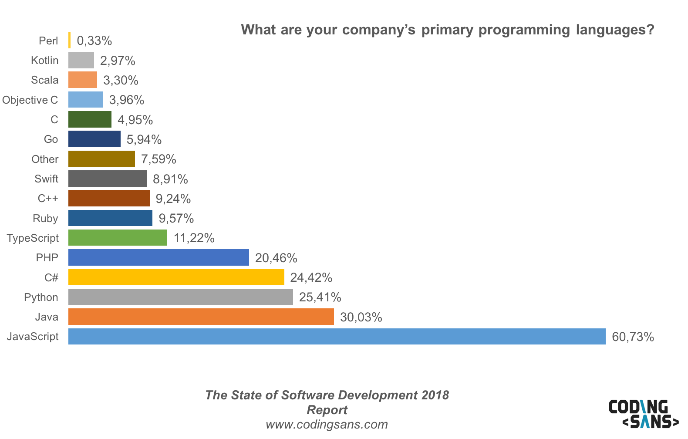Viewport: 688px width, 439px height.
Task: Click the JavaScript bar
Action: (337, 336)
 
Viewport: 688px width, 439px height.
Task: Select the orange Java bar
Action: (201, 317)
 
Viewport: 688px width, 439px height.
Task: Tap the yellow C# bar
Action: (176, 277)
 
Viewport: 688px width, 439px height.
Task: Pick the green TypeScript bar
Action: (118, 238)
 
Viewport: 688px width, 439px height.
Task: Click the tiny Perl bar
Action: (69, 41)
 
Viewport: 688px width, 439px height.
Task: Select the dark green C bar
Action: (90, 119)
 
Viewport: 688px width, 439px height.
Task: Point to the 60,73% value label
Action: (633, 337)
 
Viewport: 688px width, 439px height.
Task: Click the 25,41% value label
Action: (320, 297)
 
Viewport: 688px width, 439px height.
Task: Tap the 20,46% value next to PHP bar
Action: (276, 258)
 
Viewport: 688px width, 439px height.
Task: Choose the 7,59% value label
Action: (159, 159)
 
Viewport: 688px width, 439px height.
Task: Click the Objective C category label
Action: (30, 100)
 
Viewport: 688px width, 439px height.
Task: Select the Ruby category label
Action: (45, 218)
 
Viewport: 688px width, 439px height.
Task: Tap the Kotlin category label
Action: (44, 60)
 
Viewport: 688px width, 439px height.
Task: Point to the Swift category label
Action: (46, 179)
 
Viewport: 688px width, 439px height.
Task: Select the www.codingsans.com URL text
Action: (327, 424)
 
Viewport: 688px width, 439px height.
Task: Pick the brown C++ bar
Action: (109, 198)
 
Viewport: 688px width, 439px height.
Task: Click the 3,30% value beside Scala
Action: (121, 80)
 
